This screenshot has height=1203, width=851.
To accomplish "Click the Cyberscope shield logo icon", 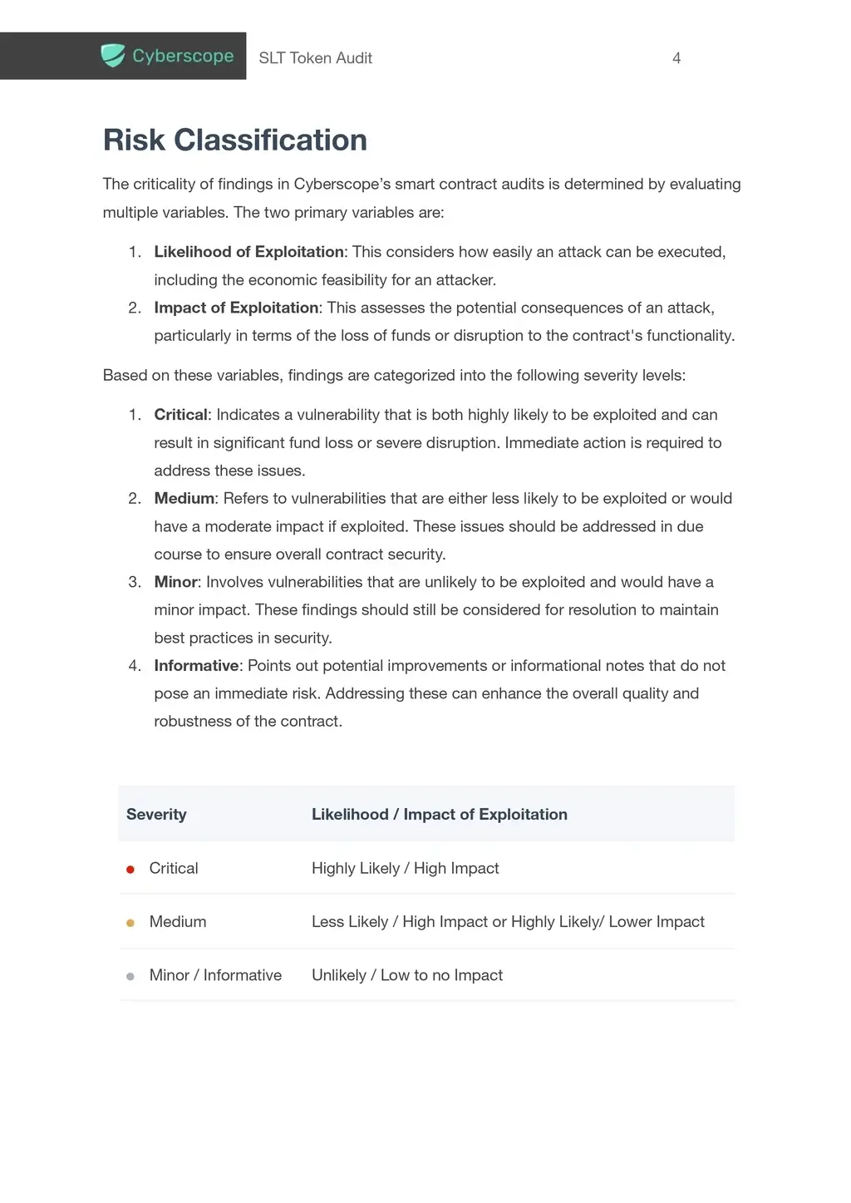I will (112, 56).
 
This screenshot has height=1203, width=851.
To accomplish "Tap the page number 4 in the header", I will (676, 58).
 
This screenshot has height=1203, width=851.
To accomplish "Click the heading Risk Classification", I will (234, 141).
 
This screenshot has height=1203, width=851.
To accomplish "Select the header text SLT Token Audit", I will (315, 58).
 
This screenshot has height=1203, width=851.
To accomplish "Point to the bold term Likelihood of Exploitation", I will (248, 252).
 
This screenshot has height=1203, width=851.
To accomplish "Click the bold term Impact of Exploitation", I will (236, 308).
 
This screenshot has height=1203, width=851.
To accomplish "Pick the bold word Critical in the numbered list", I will (180, 415).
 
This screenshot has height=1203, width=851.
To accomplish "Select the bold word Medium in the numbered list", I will (184, 499).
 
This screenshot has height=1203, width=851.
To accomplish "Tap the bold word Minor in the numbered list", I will (175, 582).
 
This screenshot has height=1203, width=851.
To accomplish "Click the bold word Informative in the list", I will (196, 666).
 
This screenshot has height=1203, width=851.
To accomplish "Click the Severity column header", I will (156, 815).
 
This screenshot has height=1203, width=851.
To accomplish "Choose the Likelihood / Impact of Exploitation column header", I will (439, 815).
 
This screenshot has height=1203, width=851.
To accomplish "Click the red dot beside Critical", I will (130, 870).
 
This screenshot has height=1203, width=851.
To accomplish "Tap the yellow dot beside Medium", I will (130, 923).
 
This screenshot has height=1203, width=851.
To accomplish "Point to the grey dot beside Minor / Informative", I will (130, 977).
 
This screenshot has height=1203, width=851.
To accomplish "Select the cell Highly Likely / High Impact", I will (405, 869).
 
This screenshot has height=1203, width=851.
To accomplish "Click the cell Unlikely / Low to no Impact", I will (406, 975).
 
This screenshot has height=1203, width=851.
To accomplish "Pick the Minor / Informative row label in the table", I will (215, 975).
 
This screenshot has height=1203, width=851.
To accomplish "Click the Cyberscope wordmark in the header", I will (183, 56).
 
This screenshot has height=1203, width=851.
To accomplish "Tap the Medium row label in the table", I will (178, 922).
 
